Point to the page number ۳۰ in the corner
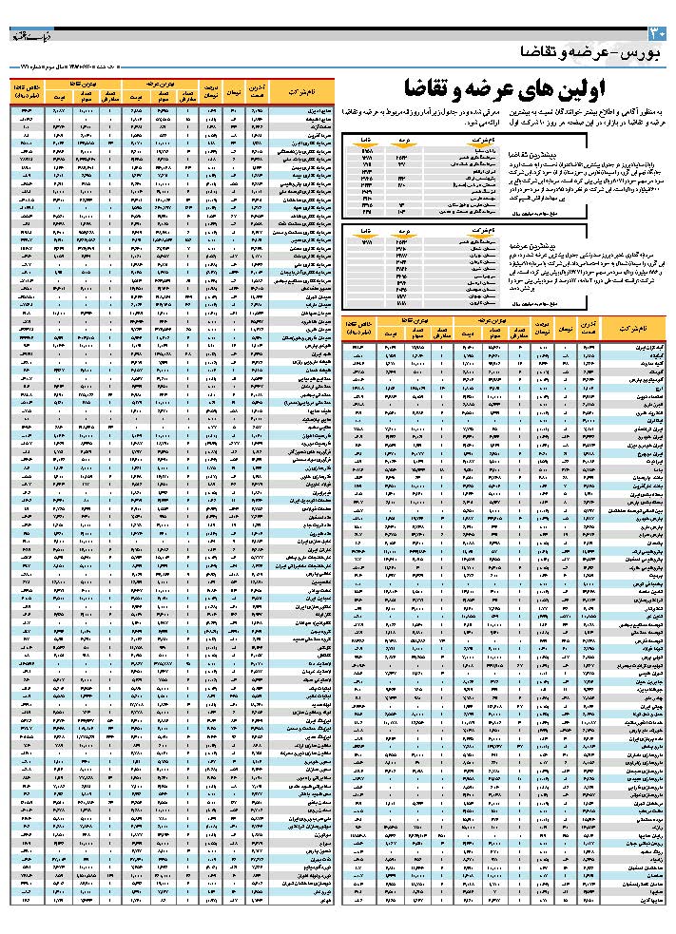(663, 33)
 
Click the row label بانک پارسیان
(637, 478)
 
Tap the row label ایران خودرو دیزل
(635, 446)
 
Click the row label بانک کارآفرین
(637, 486)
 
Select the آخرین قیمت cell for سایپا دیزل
(257, 110)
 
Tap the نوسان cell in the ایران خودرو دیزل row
(566, 446)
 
